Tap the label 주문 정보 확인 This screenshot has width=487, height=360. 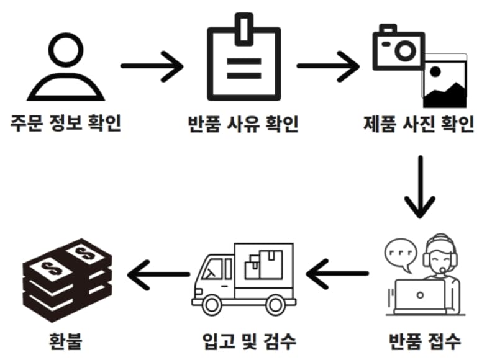pos(65,123)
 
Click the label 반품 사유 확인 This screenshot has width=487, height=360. pos(243,123)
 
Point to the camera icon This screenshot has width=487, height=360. pos(398,48)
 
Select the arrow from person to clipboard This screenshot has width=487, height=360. pos(152,65)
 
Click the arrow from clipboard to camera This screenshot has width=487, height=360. pos(328,65)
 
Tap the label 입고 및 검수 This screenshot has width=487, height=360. pos(249,341)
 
